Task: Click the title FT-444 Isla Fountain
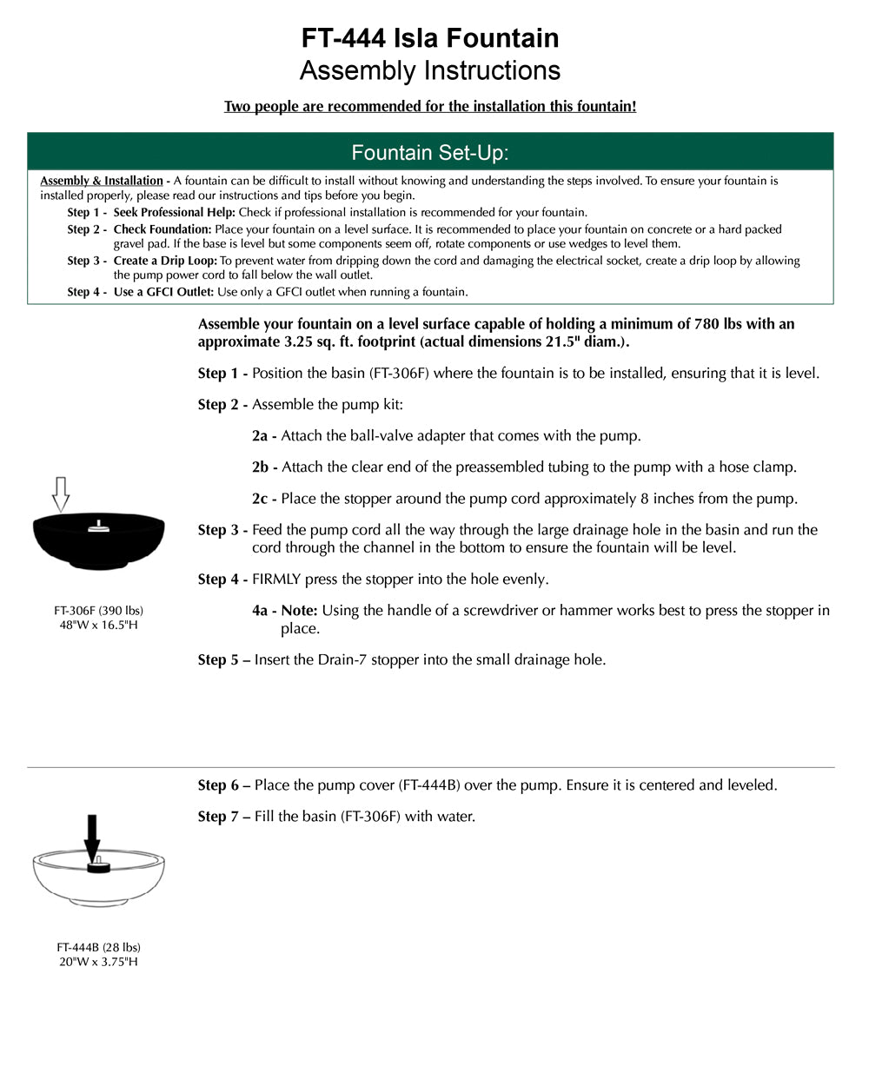(430, 38)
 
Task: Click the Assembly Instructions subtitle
(430, 70)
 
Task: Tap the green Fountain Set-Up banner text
(430, 153)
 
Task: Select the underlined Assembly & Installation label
(102, 181)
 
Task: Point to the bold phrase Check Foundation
(163, 229)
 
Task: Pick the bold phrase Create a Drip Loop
(165, 261)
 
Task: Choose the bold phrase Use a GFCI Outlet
(163, 292)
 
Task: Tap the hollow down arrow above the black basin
(60, 493)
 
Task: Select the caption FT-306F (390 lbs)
(98, 611)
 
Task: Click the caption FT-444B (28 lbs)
(98, 947)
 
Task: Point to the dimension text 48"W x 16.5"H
(98, 625)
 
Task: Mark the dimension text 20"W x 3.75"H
(98, 962)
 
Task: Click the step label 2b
(264, 467)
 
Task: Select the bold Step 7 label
(223, 817)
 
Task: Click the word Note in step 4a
(299, 611)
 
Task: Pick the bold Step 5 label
(223, 660)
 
